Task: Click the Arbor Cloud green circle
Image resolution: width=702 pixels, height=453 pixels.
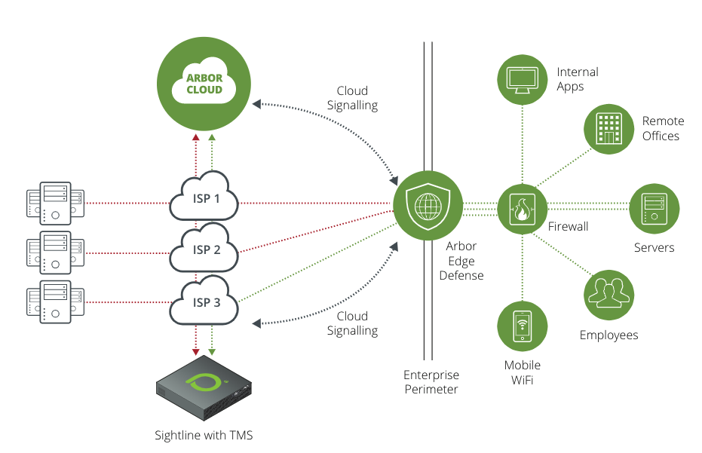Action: (204, 83)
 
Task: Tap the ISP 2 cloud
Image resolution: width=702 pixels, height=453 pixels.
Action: (204, 251)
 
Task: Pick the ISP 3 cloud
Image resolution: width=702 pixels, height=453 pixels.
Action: (204, 303)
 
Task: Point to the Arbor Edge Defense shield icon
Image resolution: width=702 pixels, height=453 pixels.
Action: (428, 206)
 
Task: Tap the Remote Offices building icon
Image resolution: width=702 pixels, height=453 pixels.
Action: (609, 129)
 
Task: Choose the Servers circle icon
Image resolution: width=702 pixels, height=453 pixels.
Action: (654, 208)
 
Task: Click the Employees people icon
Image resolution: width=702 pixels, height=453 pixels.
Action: (609, 294)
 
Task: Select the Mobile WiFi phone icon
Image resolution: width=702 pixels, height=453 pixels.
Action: (522, 326)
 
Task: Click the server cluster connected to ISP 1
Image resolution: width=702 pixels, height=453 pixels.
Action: (50, 203)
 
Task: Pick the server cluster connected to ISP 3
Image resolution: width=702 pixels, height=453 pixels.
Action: (50, 302)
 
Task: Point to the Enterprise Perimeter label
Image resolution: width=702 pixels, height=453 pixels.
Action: (431, 382)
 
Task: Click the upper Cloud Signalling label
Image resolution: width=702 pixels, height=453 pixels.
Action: (352, 98)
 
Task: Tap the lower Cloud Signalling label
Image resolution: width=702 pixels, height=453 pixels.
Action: (352, 323)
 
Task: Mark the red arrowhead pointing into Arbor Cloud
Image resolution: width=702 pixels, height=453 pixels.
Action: (196, 138)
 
